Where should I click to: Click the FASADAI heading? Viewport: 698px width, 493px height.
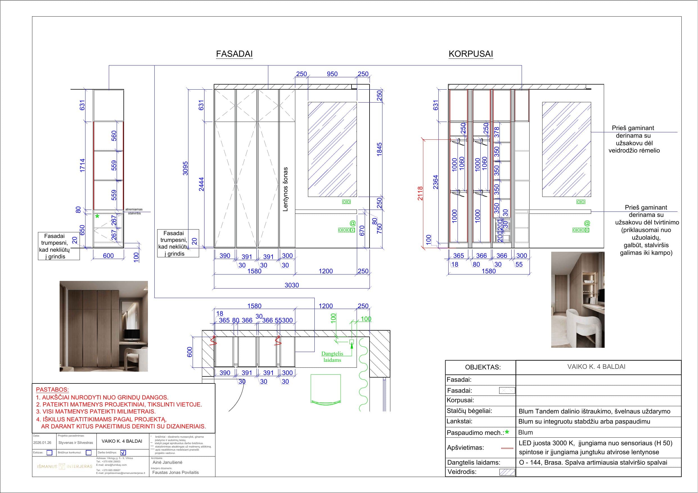(x=234, y=54)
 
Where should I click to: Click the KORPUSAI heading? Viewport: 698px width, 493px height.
(x=470, y=54)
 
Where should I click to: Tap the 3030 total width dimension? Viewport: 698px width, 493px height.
(x=292, y=285)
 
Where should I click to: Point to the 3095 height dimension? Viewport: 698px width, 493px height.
(x=185, y=168)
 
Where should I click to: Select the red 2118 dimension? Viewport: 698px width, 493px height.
(x=420, y=193)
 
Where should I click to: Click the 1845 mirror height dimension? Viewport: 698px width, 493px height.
(x=379, y=149)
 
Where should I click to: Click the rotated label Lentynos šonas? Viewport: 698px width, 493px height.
(x=285, y=189)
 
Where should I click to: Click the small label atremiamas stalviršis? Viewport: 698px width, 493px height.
(x=134, y=211)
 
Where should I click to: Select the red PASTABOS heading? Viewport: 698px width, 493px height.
(x=52, y=389)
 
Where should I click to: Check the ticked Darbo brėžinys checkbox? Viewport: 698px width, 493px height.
(x=123, y=453)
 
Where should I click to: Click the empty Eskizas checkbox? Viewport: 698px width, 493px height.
(x=49, y=453)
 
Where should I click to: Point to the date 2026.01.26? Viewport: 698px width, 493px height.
(x=42, y=442)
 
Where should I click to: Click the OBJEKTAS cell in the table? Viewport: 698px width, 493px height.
(x=483, y=367)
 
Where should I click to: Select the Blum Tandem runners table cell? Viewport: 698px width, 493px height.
(x=594, y=411)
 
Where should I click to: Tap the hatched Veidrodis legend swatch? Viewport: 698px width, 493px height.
(x=507, y=472)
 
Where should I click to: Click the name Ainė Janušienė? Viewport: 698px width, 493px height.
(x=168, y=462)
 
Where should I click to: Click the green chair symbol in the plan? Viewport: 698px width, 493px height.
(x=326, y=389)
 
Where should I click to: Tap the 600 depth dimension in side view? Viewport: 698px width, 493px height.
(x=108, y=255)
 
